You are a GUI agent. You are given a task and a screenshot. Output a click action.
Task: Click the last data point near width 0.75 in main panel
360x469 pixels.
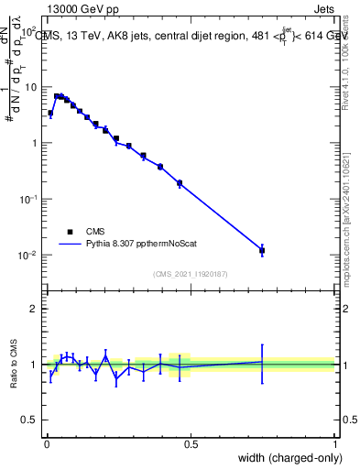262,250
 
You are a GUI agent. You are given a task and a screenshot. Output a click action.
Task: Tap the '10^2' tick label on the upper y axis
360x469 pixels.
27,31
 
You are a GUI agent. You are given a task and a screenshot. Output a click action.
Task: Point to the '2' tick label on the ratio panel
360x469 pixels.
34,309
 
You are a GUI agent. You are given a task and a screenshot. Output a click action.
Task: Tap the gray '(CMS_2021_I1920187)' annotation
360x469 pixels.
191,272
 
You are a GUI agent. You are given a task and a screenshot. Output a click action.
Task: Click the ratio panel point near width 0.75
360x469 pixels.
262,362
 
